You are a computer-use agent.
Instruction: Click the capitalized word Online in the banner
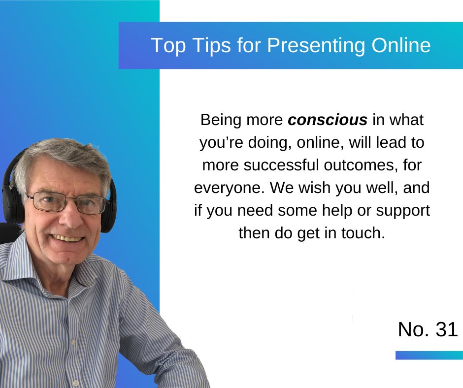tap(400, 45)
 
